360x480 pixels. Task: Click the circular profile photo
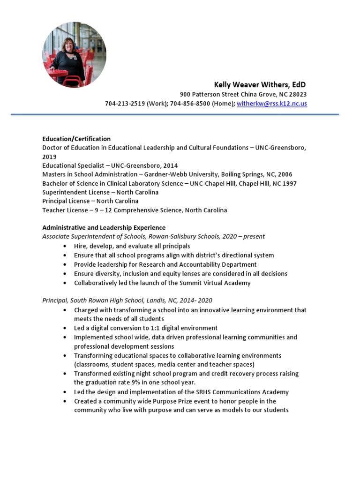tap(74, 55)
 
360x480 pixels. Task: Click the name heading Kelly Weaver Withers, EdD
tap(260, 85)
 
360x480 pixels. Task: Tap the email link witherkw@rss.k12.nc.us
tap(272, 104)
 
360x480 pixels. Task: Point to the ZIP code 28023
tap(297, 94)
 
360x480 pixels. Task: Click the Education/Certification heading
tap(76, 139)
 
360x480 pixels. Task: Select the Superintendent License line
tap(100, 192)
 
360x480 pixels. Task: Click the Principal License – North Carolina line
tap(90, 201)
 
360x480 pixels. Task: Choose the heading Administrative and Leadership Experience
tap(104, 228)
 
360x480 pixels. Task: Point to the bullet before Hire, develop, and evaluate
tap(64, 246)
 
